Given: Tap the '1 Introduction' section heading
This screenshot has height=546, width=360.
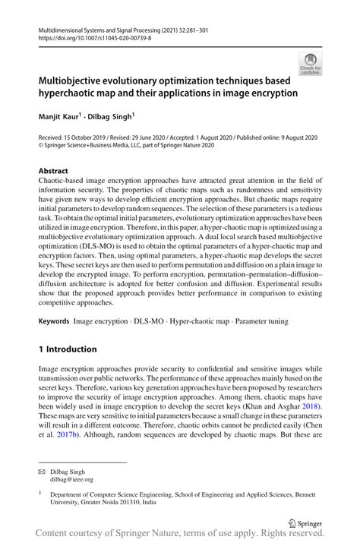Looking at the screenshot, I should [68, 349].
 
